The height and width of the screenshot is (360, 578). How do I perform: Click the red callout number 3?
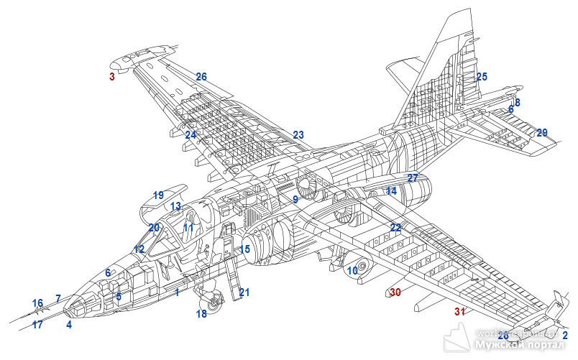111,76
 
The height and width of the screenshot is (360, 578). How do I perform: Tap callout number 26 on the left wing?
201,77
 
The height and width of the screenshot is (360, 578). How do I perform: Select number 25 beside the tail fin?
482,77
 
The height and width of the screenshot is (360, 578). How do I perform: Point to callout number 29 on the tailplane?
542,133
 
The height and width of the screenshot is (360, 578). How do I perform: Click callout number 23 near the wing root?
298,135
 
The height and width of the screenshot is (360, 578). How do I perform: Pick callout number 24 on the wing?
190,135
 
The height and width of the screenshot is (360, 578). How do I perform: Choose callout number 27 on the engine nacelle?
413,177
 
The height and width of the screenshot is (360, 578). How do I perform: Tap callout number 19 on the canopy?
158,195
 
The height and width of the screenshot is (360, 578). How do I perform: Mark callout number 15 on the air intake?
245,249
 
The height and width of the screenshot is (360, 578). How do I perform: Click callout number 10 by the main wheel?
352,271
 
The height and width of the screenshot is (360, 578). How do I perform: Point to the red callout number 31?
460,311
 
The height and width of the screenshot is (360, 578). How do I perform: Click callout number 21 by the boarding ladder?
244,292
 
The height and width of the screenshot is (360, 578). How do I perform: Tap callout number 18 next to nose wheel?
201,314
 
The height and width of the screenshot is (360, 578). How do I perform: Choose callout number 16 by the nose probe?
37,303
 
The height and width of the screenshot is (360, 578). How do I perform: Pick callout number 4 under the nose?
69,325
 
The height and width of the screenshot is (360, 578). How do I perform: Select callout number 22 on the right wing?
395,228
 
